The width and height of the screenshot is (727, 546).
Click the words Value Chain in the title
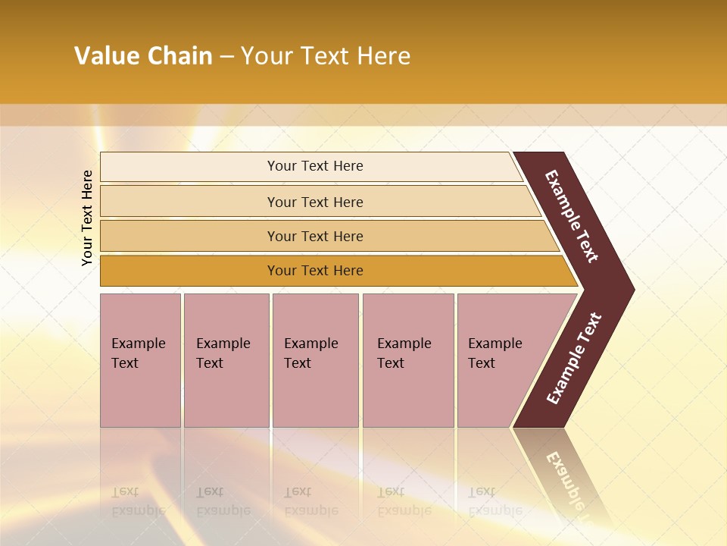click(x=143, y=55)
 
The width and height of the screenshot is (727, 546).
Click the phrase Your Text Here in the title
click(x=326, y=55)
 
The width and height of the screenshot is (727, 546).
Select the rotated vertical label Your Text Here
click(x=87, y=218)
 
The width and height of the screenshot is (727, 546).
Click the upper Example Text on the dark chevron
click(x=572, y=216)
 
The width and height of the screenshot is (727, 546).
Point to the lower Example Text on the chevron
click(x=573, y=359)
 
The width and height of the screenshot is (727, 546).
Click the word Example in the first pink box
click(x=138, y=344)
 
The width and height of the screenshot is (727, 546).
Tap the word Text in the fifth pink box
click(x=481, y=363)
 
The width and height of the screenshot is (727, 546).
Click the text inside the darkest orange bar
click(x=315, y=271)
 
